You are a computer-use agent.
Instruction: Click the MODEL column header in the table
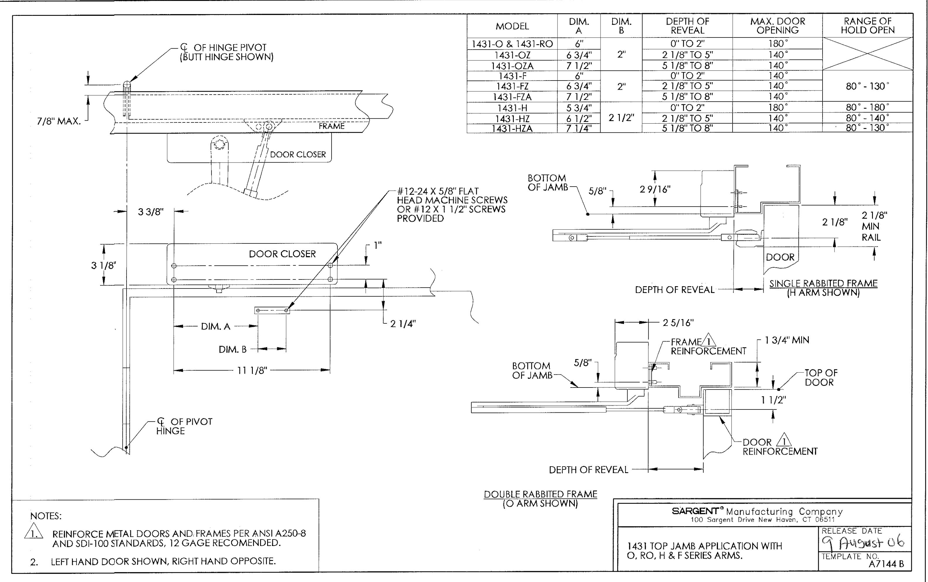click(x=512, y=26)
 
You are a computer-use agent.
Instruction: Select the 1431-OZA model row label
click(x=512, y=66)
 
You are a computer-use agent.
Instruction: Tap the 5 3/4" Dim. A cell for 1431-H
click(x=579, y=108)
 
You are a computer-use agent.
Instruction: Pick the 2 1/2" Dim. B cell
click(x=621, y=118)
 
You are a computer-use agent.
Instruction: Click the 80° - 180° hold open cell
click(x=868, y=107)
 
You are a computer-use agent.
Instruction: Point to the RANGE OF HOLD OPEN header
click(x=868, y=25)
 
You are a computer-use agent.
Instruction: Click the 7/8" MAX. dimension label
click(x=59, y=121)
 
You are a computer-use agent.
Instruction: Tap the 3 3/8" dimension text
click(x=151, y=212)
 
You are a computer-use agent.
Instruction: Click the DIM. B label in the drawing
click(x=233, y=349)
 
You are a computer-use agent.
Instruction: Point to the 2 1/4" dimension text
click(x=403, y=324)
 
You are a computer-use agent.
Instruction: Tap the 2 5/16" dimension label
click(x=678, y=322)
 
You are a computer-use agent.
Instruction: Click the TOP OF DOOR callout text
click(x=821, y=378)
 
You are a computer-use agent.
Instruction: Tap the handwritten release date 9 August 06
click(x=862, y=543)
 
